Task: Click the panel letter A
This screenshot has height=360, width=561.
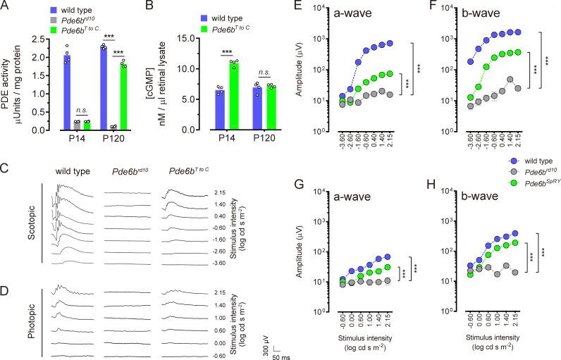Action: pos(6,8)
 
